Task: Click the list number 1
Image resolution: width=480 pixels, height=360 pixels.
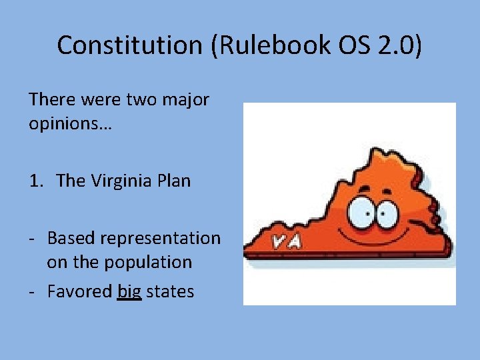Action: point(36,181)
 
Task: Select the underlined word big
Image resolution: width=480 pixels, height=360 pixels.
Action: point(129,291)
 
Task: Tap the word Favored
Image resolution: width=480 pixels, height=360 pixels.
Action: point(80,291)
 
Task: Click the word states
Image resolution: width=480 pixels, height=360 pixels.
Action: point(171,291)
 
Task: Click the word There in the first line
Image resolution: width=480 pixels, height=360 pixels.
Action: point(52,101)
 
